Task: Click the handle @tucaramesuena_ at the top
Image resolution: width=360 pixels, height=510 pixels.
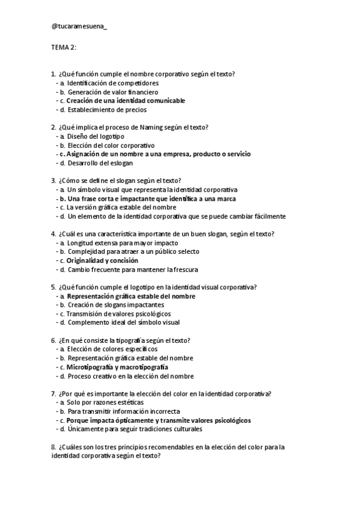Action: [x=79, y=26]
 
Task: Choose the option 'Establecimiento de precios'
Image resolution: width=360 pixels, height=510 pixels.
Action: [x=107, y=110]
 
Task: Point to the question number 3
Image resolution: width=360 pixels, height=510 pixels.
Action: [x=53, y=181]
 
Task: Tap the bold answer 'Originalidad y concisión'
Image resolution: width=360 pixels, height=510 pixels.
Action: [x=102, y=261]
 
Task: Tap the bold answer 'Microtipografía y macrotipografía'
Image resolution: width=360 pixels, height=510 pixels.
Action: [x=117, y=367]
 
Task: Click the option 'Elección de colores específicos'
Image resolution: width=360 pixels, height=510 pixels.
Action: [x=112, y=349]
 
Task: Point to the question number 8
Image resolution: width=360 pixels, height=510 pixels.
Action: [x=53, y=447]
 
